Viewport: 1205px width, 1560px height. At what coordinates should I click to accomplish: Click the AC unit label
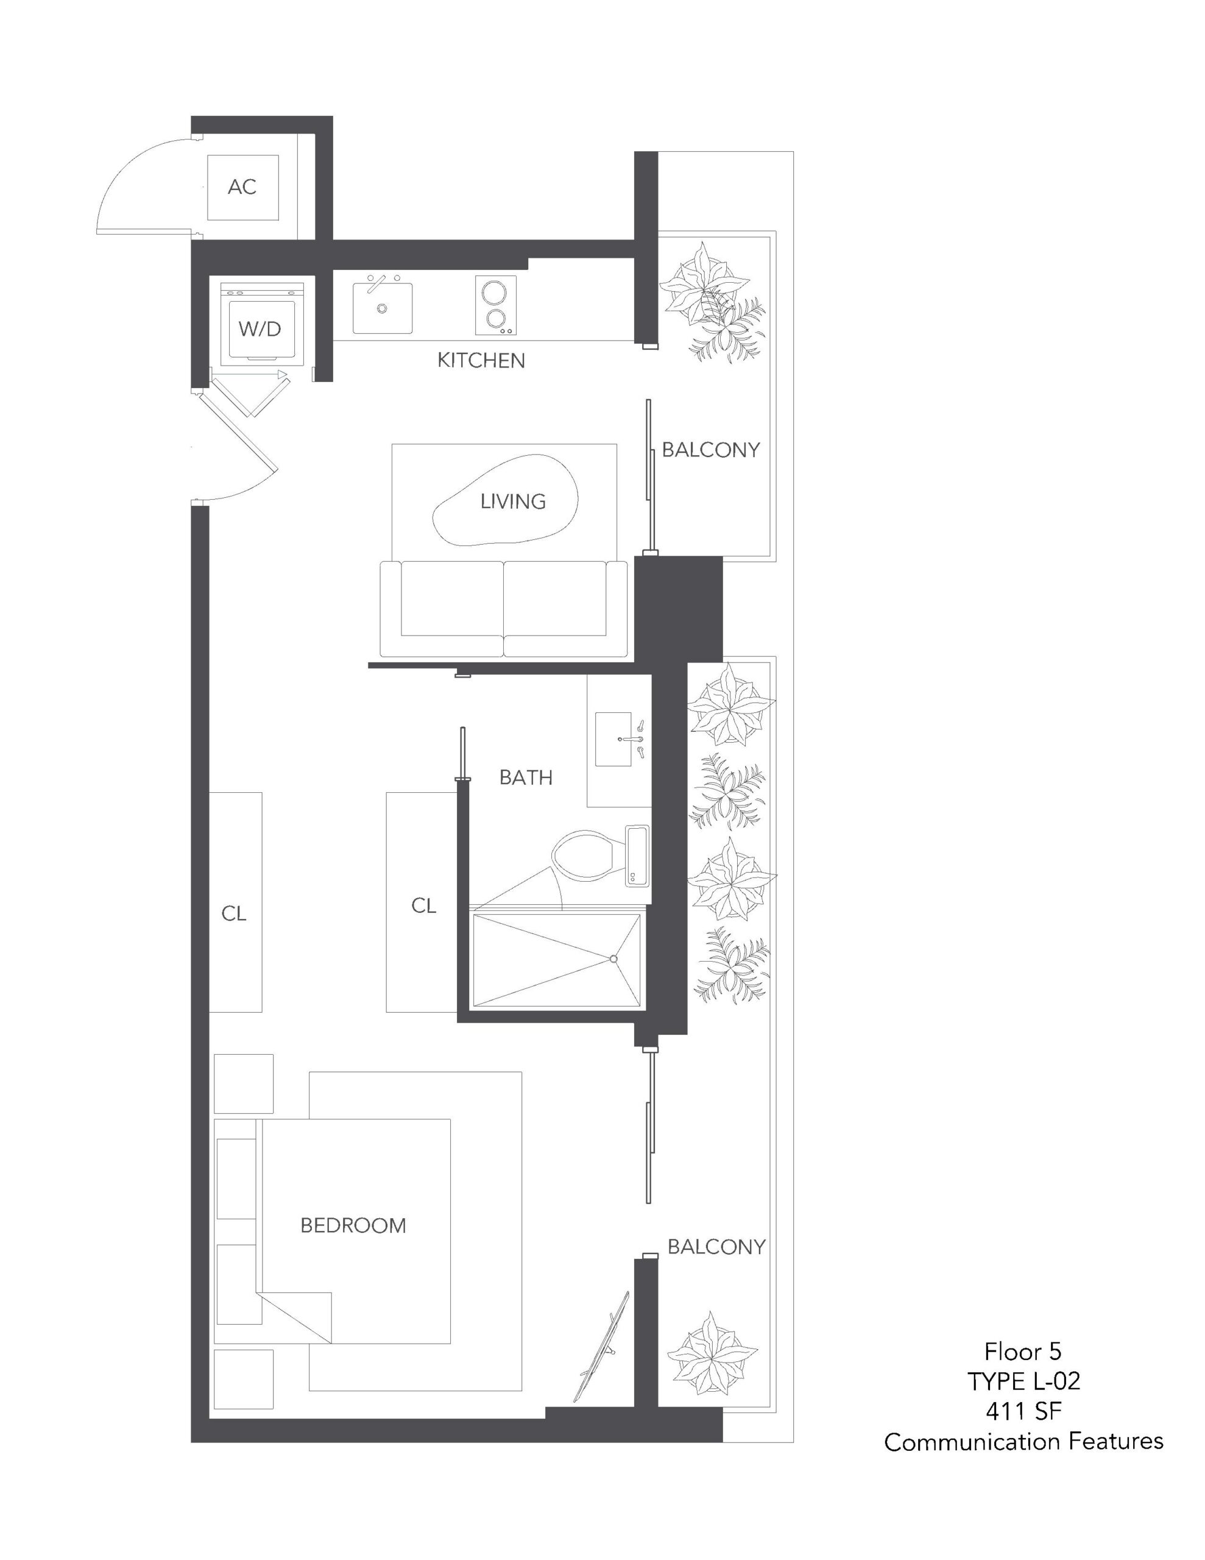point(241,186)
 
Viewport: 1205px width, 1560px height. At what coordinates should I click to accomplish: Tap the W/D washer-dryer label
point(260,328)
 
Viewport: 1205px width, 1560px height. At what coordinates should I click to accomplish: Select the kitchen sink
point(382,307)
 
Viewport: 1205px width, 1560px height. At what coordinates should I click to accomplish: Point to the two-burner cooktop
point(496,305)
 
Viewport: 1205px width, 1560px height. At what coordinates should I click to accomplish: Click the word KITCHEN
point(481,361)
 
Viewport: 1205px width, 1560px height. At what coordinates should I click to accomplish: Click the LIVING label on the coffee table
point(513,502)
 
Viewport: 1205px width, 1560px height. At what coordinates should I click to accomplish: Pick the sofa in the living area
point(504,609)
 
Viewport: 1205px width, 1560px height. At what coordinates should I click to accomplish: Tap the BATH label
point(526,777)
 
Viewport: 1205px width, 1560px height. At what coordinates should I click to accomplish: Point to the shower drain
point(613,959)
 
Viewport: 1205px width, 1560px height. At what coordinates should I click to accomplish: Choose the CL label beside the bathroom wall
point(423,906)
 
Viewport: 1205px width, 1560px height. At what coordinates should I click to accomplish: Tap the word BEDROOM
point(353,1225)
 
